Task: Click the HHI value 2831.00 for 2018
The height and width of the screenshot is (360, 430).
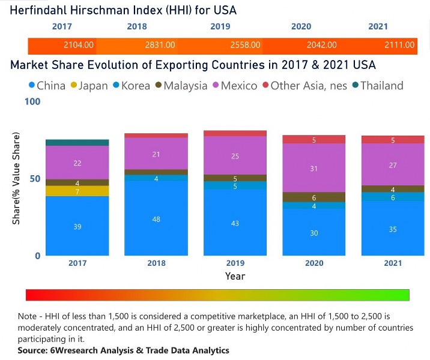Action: (x=160, y=45)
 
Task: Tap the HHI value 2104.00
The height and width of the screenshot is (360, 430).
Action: (x=78, y=45)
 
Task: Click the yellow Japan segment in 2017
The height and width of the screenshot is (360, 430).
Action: (x=77, y=191)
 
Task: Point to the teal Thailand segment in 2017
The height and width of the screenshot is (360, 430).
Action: (x=77, y=142)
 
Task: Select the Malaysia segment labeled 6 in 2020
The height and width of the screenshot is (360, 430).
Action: (x=313, y=197)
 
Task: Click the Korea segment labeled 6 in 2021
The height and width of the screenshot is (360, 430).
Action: (x=393, y=197)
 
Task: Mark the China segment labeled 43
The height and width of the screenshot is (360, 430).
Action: (x=234, y=223)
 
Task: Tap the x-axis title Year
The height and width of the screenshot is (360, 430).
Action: (x=235, y=277)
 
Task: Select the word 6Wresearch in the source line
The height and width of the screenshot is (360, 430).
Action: (x=72, y=350)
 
